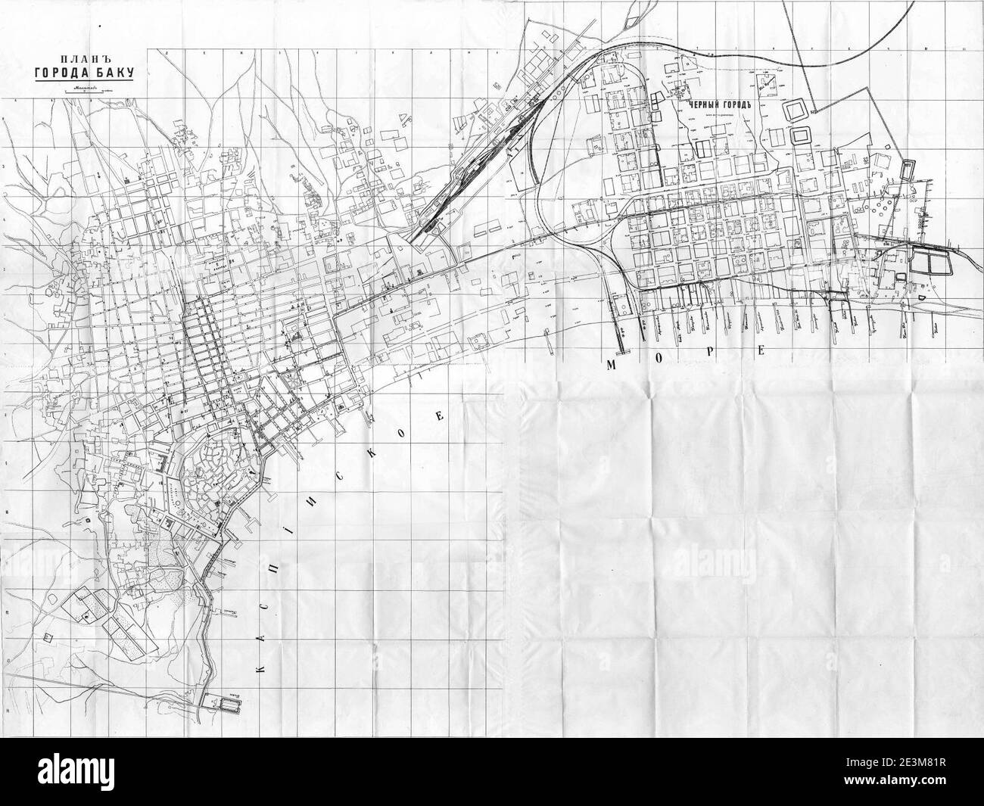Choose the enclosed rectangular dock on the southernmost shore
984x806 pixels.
(227, 708)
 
